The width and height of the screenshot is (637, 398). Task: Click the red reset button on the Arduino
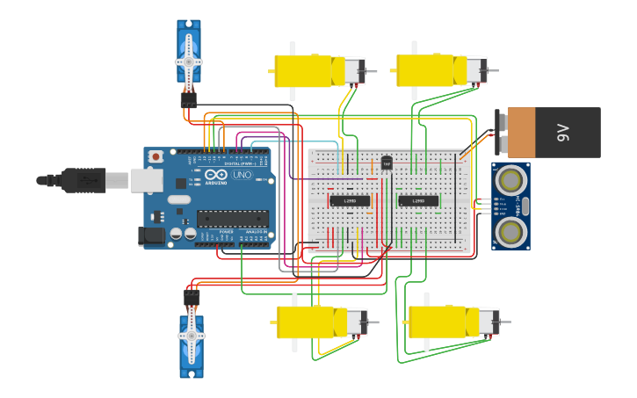pyautogui.click(x=156, y=156)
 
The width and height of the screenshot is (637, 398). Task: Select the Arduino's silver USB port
pyautogui.click(x=146, y=180)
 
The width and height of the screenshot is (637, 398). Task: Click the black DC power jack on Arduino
pyautogui.click(x=151, y=235)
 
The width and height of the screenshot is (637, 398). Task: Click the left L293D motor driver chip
pyautogui.click(x=350, y=201)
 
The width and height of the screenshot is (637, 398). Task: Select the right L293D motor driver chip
pyautogui.click(x=418, y=201)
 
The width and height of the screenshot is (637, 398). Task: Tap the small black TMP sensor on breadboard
pyautogui.click(x=387, y=163)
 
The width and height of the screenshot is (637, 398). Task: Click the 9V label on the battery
pyautogui.click(x=563, y=133)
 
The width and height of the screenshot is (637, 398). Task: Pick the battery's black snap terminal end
pyautogui.click(x=502, y=132)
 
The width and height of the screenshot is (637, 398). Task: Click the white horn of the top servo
pyautogui.click(x=189, y=63)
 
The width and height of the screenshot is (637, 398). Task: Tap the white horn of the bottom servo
pyautogui.click(x=191, y=335)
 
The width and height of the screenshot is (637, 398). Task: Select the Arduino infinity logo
pyautogui.click(x=216, y=175)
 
